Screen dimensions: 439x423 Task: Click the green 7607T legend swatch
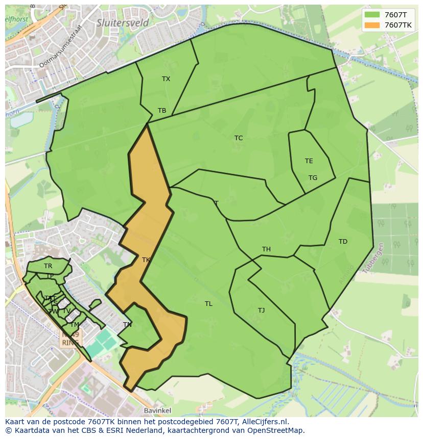[372, 15]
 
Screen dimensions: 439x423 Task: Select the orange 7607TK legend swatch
[372, 25]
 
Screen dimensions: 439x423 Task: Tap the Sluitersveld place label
[123, 22]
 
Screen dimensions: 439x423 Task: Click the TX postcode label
[166, 79]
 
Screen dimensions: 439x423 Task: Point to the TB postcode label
[162, 111]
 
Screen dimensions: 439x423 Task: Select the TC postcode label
[239, 138]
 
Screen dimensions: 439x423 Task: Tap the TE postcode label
[309, 161]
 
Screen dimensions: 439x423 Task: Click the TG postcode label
[313, 178]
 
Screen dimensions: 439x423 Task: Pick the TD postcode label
[343, 242]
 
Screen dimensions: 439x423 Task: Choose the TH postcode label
[266, 249]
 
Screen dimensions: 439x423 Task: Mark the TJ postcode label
[261, 311]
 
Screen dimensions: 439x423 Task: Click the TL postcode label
[208, 304]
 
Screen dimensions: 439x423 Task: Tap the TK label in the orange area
[146, 260]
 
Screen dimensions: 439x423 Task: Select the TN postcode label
[127, 325]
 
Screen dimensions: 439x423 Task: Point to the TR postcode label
[48, 266]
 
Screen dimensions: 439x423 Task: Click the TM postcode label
[75, 325]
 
